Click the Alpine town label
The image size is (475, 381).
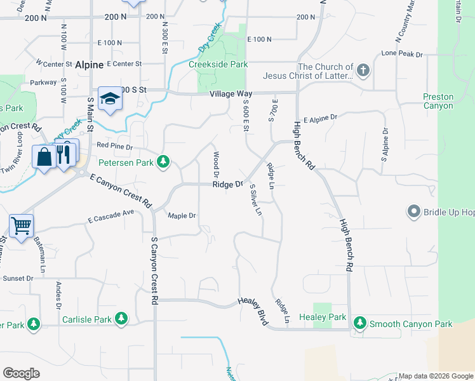[x=88, y=65]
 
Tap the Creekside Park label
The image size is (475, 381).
[x=218, y=64]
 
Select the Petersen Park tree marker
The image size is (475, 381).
[x=164, y=162]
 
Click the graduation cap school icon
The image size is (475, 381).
[x=110, y=98]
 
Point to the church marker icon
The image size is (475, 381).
[x=363, y=70]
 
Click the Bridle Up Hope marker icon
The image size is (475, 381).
[x=414, y=211]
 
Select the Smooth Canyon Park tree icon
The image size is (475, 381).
[x=360, y=323]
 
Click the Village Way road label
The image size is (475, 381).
[x=231, y=93]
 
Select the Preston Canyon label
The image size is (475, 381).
[x=438, y=102]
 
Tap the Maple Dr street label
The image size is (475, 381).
[x=182, y=216]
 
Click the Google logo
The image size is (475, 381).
[x=21, y=373]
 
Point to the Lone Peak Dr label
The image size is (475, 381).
[x=402, y=55]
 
